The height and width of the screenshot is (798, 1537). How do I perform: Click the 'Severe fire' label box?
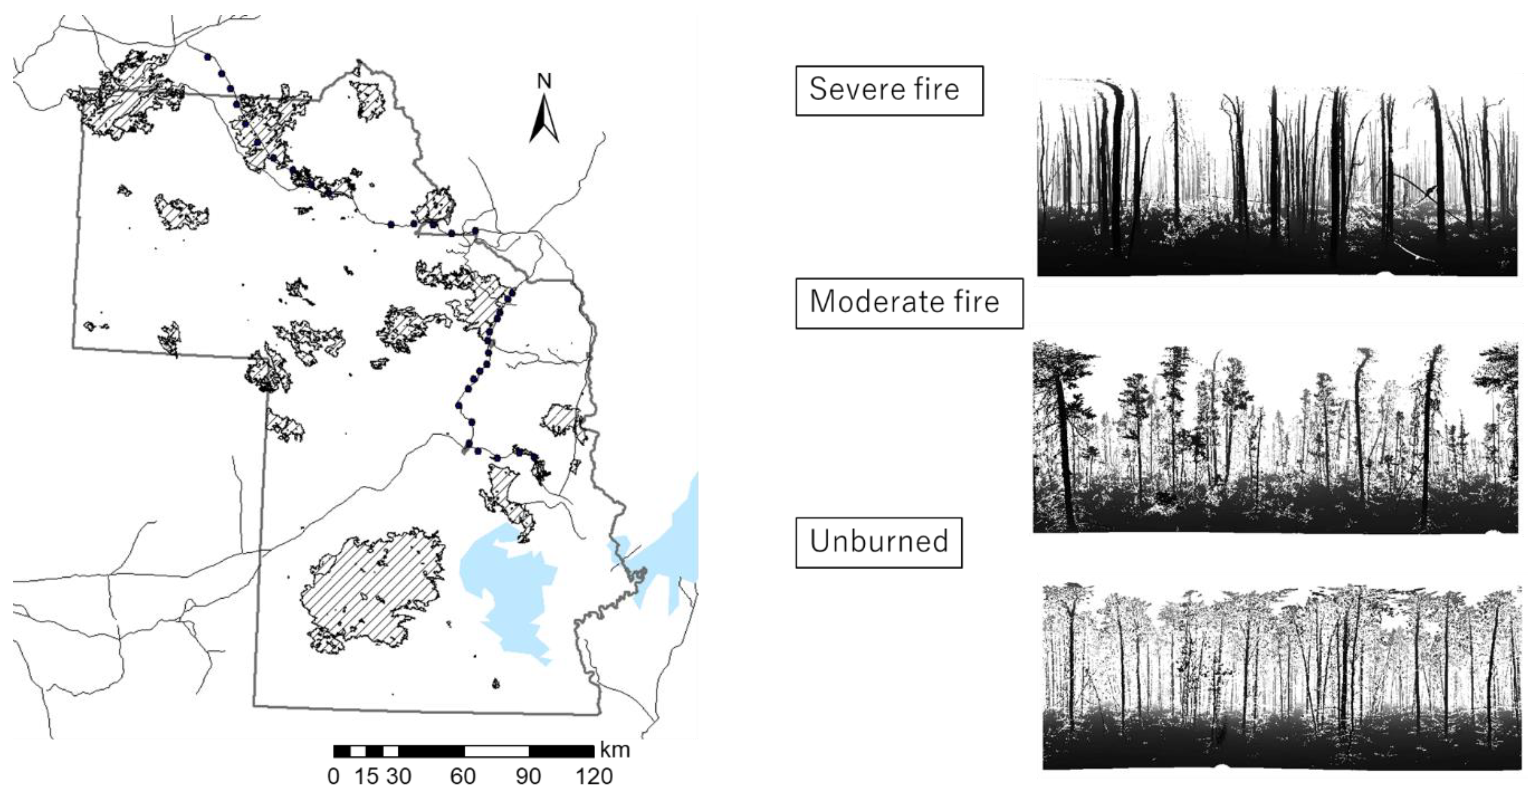(888, 90)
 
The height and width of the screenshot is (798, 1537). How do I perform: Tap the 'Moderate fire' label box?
(909, 302)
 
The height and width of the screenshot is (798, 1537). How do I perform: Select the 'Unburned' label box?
(878, 542)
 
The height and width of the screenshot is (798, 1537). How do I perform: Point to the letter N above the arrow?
(543, 82)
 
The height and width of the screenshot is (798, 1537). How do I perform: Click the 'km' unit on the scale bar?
(614, 750)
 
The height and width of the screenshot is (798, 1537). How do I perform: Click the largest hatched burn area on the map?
(373, 591)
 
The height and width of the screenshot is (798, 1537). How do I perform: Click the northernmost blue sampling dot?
(207, 57)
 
